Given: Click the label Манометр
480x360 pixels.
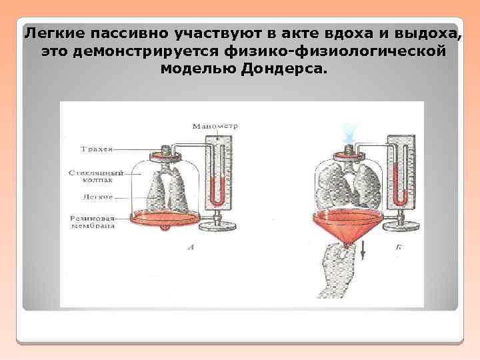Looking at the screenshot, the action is (x=215, y=126).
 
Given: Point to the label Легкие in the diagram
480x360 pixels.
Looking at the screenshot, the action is (x=97, y=197).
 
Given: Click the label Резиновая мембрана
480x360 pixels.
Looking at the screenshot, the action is (x=91, y=221).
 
